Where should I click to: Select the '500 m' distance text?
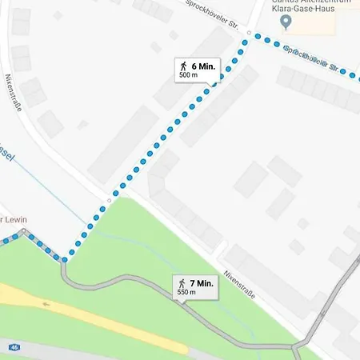(189, 75)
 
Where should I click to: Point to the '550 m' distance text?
(186, 293)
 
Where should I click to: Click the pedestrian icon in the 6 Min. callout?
(184, 66)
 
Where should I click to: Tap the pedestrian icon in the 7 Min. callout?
(182, 283)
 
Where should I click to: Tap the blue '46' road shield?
(14, 347)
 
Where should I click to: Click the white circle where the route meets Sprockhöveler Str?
(250, 34)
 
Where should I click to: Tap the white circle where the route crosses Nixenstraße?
(109, 200)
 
